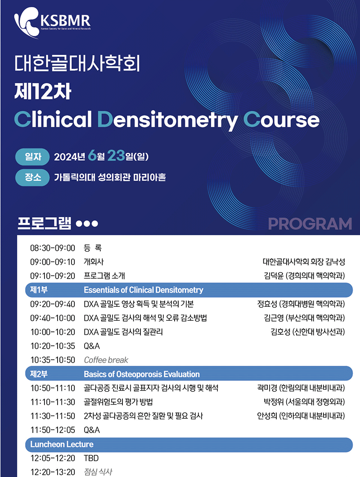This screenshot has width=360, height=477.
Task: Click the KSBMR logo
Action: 52,23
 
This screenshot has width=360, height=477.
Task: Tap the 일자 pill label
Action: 32,157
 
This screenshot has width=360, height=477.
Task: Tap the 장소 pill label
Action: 32,177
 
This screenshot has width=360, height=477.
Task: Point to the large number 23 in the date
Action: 116,155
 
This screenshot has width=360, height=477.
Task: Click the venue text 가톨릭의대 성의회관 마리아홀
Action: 110,177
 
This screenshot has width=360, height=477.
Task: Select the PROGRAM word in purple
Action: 310,224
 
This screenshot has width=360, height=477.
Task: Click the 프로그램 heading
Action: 45,223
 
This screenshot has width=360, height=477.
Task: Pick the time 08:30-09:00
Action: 53,248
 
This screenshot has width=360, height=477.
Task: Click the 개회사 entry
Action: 94,262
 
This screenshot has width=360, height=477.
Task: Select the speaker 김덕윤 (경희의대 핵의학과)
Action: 304,276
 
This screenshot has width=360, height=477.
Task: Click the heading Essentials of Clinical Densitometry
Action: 144,290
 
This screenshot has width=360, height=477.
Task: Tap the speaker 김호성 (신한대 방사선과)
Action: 308,332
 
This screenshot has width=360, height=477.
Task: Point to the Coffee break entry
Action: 106,360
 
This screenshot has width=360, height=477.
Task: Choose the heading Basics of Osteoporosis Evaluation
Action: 142,374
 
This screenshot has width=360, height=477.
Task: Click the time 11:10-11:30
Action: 53,402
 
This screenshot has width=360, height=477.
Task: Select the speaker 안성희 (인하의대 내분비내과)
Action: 301,416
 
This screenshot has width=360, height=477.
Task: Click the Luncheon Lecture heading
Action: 62,445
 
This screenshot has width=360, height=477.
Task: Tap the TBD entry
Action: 91,458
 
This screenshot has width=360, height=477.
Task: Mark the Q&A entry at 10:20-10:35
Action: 92,346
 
